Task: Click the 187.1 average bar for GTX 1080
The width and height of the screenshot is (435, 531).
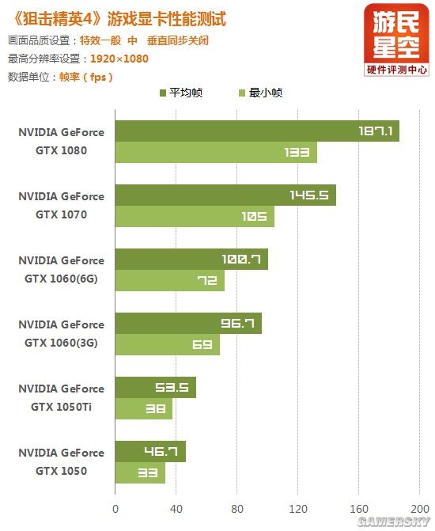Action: (257, 131)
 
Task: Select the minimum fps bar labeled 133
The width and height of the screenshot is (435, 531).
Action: (216, 153)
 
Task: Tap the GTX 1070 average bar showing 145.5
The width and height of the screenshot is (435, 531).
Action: (225, 195)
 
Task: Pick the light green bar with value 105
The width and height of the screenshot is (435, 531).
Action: (195, 217)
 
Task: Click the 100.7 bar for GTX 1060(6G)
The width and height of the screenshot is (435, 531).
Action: (191, 259)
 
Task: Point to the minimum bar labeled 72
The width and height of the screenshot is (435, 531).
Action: (170, 281)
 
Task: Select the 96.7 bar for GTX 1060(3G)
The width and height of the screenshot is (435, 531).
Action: (188, 323)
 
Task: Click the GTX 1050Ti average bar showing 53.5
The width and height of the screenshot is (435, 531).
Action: (156, 388)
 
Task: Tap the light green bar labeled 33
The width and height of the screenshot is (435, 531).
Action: (140, 473)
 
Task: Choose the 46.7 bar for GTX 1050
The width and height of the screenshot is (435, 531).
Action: (150, 452)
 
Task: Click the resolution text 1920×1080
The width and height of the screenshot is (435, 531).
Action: (119, 59)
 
